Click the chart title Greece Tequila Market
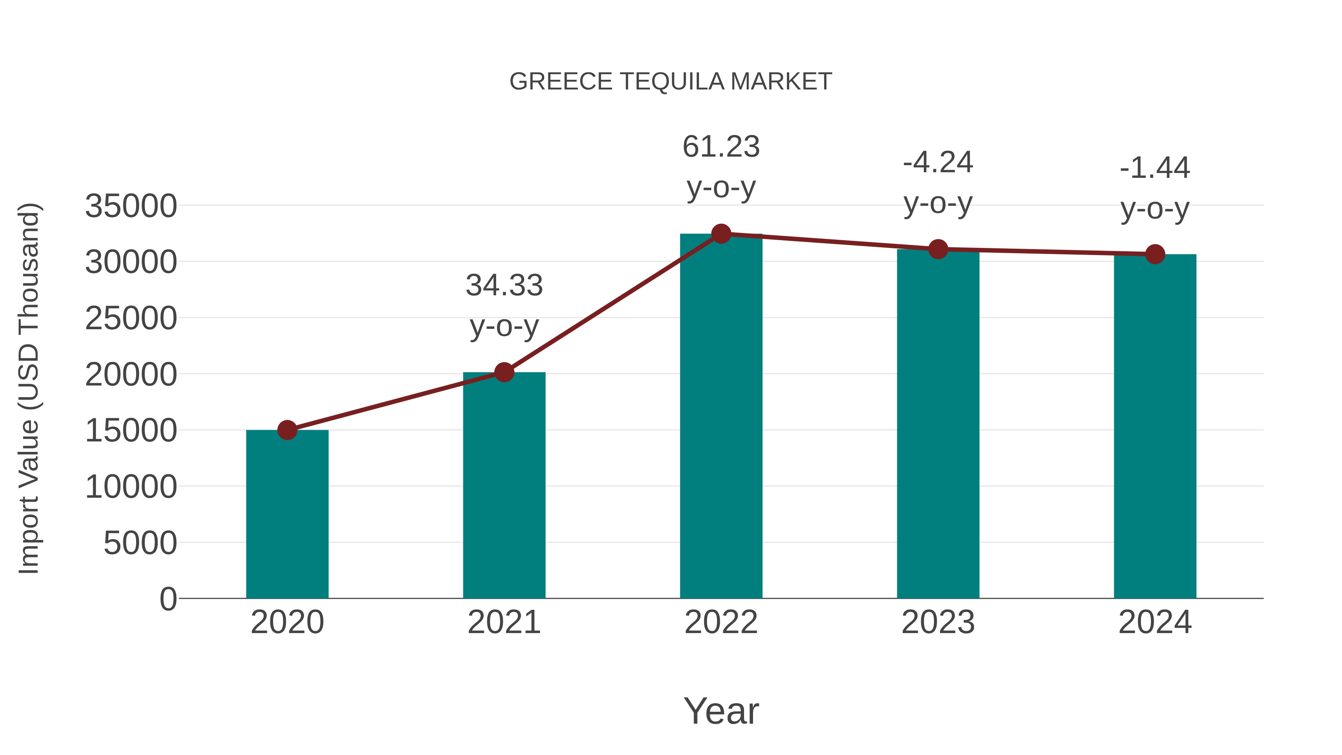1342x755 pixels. click(x=671, y=82)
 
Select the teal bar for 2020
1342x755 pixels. click(x=287, y=516)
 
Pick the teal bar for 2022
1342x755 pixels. click(x=721, y=417)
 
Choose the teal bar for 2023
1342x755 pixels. click(x=938, y=425)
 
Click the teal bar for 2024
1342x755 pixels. click(x=1155, y=427)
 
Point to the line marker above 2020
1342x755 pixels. click(x=287, y=430)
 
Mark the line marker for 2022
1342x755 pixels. click(x=721, y=234)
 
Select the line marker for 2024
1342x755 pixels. click(x=1155, y=254)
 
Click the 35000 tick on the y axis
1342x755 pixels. click(x=131, y=206)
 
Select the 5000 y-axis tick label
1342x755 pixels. click(x=140, y=544)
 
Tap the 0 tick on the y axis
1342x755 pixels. click(x=168, y=599)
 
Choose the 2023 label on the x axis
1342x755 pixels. click(x=938, y=622)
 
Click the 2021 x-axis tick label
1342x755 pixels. click(x=504, y=622)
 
